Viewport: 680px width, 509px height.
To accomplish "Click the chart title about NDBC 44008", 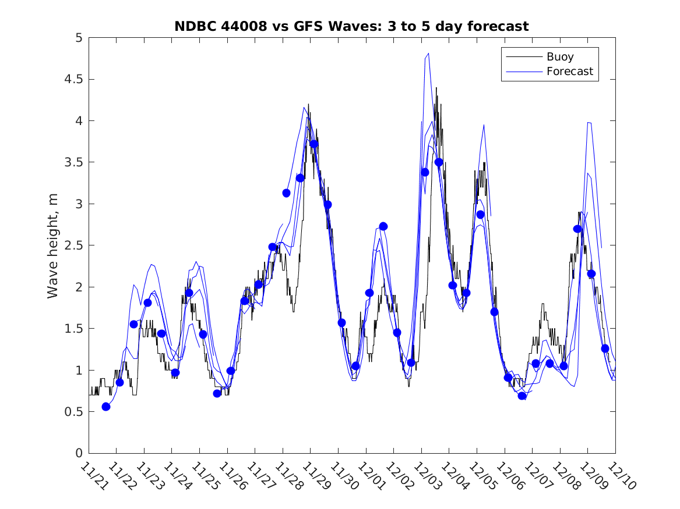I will pos(351,26).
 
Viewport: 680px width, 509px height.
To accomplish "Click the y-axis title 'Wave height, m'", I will pos(53,245).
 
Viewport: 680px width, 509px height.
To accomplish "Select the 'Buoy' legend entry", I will pos(559,57).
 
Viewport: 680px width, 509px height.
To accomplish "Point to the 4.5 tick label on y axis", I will pos(73,79).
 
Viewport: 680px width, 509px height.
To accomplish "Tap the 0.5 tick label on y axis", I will pos(73,412).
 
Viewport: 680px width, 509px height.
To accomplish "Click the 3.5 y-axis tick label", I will pos(73,162).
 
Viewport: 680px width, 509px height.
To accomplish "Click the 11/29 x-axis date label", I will pos(313,476).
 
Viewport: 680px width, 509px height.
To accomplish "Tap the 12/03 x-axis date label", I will pos(424,476).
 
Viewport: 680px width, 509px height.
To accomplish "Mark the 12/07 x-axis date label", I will pos(534,476).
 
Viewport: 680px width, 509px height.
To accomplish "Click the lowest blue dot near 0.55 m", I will pos(106,407).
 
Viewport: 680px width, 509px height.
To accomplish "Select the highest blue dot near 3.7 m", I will pos(314,144).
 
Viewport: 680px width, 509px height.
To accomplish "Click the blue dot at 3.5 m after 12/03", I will pos(439,162).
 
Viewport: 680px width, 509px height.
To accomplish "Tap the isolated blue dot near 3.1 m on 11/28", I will pos(286,193).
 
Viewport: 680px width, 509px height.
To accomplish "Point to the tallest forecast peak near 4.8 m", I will pos(428,54).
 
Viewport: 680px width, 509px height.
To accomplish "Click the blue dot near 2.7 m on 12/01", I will pos(383,226).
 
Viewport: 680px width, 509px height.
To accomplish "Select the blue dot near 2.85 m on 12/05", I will pos(480,215).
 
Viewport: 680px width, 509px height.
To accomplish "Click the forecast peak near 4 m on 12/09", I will pos(589,123).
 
